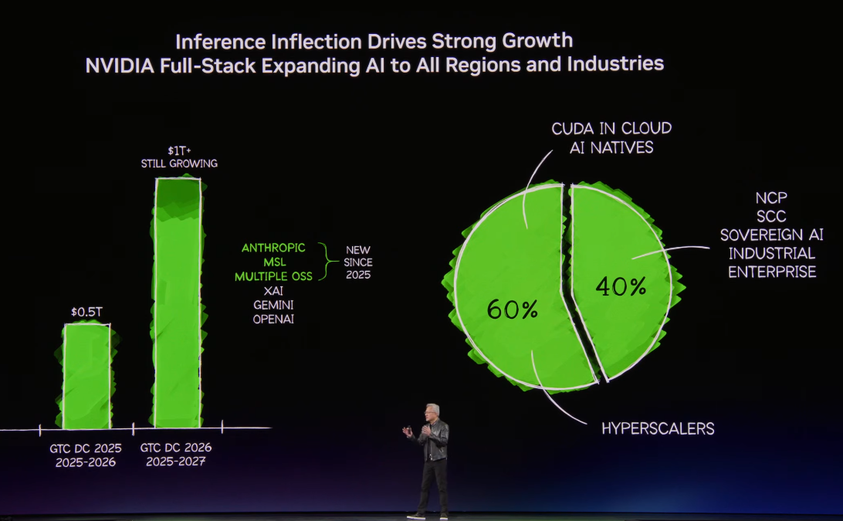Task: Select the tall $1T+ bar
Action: tap(178, 301)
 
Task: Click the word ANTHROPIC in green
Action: tap(273, 248)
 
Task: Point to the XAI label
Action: tap(273, 290)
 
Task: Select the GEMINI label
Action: tap(273, 304)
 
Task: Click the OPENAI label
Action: tap(273, 318)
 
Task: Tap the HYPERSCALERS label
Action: tap(658, 428)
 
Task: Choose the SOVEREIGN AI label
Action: tap(772, 235)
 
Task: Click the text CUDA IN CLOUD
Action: tap(611, 128)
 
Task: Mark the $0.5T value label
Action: tap(86, 312)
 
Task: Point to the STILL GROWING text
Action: tap(179, 164)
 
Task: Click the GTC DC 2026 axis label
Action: tap(176, 448)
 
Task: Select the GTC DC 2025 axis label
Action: tap(86, 448)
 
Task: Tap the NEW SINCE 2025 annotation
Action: tap(358, 262)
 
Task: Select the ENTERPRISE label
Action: tap(772, 272)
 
